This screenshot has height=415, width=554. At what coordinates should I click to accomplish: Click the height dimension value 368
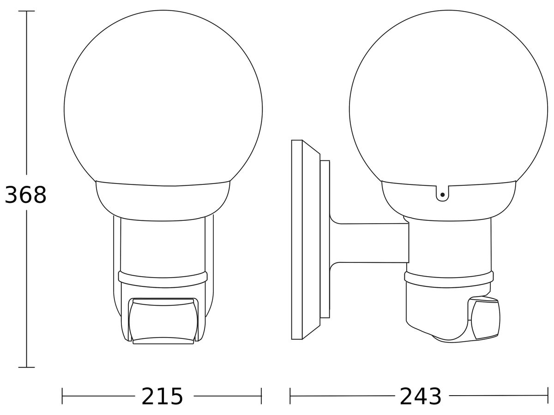pos(26,195)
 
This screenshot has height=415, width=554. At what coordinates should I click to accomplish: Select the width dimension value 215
pos(162,397)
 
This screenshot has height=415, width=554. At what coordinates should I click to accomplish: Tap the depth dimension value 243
pos(421,397)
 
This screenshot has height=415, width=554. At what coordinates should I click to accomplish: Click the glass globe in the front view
pos(163,98)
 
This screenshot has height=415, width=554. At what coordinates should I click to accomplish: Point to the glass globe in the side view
pos(448,98)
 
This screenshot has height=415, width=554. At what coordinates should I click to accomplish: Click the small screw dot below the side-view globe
pos(442,195)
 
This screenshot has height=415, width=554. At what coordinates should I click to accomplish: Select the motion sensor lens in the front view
pos(163,321)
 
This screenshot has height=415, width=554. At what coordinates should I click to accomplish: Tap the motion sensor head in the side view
pos(484,318)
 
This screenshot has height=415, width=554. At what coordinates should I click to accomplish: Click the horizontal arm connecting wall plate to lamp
pos(369,243)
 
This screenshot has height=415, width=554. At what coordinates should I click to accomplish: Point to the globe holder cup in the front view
pos(163,201)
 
